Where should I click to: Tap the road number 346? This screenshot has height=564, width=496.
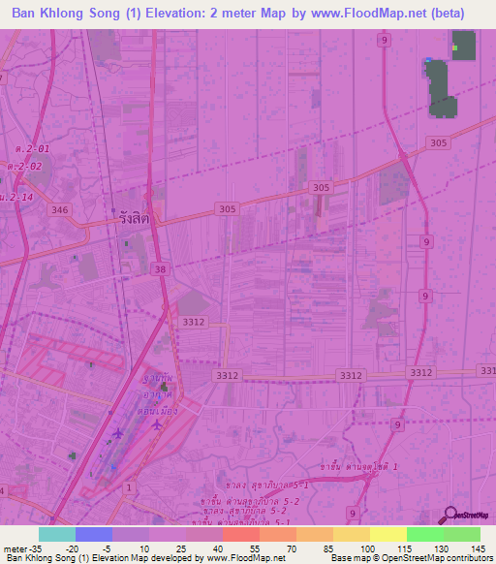click(x=60, y=209)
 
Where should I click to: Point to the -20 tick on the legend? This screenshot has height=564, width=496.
click(x=72, y=548)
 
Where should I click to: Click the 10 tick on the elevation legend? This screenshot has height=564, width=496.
click(x=144, y=548)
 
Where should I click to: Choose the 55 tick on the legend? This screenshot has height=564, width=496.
click(x=255, y=548)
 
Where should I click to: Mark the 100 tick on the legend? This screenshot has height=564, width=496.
click(x=366, y=548)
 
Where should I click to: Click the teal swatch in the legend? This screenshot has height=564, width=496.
click(x=57, y=534)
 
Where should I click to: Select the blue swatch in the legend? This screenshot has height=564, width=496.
click(x=94, y=534)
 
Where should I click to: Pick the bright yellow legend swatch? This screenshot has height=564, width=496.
click(x=388, y=534)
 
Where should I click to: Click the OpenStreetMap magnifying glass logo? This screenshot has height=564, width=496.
click(x=449, y=513)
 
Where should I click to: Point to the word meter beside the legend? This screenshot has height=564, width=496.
click(x=15, y=548)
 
